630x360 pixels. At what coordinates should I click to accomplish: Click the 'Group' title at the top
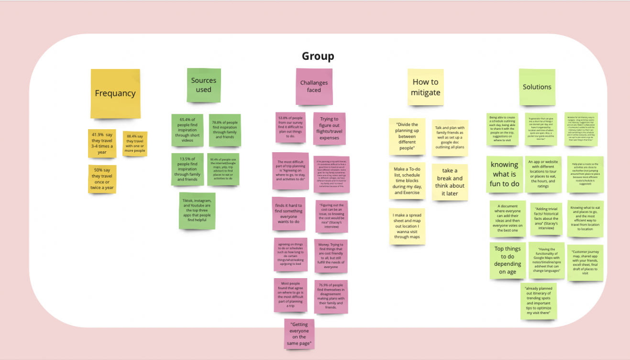point(318,56)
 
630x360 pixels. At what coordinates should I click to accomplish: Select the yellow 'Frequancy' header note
point(115,93)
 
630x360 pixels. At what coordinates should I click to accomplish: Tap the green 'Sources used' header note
point(203,85)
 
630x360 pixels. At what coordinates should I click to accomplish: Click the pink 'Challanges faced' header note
point(314,87)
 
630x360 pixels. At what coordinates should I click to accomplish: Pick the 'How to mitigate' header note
point(425,87)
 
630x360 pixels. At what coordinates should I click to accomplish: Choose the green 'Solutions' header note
point(537,87)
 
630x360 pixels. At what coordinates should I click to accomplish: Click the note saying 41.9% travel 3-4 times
point(101,144)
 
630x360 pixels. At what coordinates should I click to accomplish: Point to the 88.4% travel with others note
point(135,144)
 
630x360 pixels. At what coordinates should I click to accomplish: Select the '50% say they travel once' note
point(102,179)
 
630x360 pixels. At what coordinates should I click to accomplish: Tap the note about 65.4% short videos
point(187,130)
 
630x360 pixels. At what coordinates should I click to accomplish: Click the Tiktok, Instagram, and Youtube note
point(197,211)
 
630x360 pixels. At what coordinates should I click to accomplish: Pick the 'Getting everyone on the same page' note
point(299,334)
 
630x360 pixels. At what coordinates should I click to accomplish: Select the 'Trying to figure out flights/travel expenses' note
point(329,128)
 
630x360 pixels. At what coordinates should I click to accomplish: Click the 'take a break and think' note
point(450,182)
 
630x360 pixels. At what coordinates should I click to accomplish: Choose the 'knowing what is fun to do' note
point(505,174)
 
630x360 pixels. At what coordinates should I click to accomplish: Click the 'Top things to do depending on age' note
point(508,260)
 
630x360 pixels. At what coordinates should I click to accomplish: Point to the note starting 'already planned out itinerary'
point(538,301)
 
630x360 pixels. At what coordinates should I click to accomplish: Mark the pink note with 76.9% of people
point(330,297)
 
